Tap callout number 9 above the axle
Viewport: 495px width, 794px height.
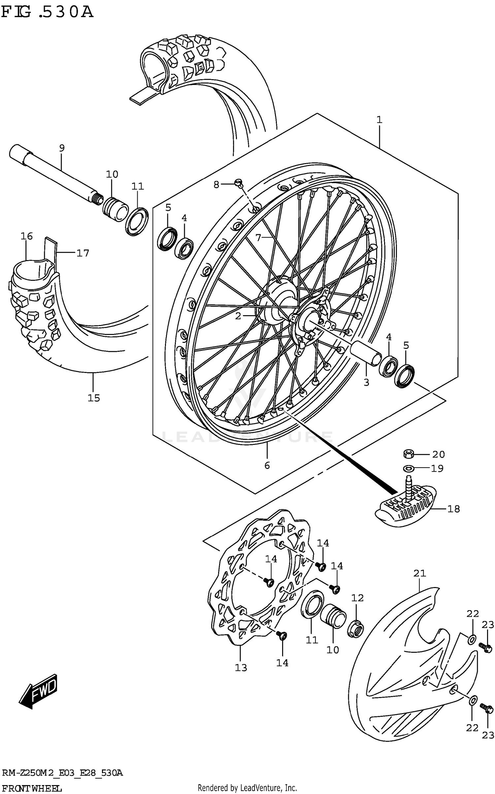click(x=62, y=148)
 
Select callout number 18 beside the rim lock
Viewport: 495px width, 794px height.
click(x=453, y=509)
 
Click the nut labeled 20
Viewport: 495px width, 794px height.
click(x=409, y=454)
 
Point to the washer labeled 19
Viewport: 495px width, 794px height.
click(x=409, y=468)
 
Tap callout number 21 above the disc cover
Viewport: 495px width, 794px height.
click(x=420, y=573)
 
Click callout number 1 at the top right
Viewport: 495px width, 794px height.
click(x=379, y=120)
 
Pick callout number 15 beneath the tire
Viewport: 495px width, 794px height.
click(x=94, y=398)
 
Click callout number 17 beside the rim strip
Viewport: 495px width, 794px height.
click(x=83, y=253)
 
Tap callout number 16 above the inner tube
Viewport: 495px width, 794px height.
click(x=27, y=236)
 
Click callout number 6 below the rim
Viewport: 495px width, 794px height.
click(x=267, y=465)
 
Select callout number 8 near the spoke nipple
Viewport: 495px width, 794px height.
click(x=216, y=185)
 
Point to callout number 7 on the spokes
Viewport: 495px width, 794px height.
click(x=258, y=237)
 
